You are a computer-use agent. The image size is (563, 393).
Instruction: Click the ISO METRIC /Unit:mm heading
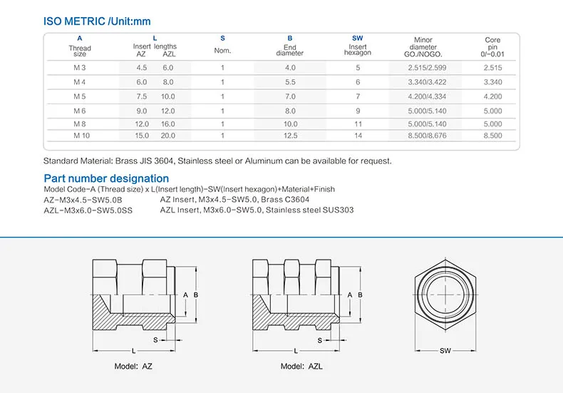pyautogui.click(x=97, y=21)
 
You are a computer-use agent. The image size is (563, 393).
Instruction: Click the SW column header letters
pyautogui.click(x=357, y=38)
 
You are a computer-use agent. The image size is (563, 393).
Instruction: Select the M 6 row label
pyautogui.click(x=80, y=111)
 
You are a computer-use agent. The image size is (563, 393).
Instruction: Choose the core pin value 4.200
pyautogui.click(x=492, y=96)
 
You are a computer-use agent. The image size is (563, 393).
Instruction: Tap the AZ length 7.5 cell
pyautogui.click(x=141, y=96)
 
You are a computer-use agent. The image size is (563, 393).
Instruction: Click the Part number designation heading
pyautogui.click(x=106, y=178)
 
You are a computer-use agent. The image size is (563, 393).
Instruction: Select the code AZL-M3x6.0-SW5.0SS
pyautogui.click(x=89, y=210)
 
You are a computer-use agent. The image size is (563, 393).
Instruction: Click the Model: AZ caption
pyautogui.click(x=134, y=366)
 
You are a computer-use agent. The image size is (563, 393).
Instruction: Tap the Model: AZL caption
pyautogui.click(x=301, y=366)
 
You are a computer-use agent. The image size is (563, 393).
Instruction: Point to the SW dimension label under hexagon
pyautogui.click(x=445, y=351)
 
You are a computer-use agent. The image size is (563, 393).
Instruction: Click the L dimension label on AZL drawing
pyautogui.click(x=294, y=351)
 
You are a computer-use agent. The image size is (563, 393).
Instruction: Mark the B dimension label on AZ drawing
pyautogui.click(x=195, y=295)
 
